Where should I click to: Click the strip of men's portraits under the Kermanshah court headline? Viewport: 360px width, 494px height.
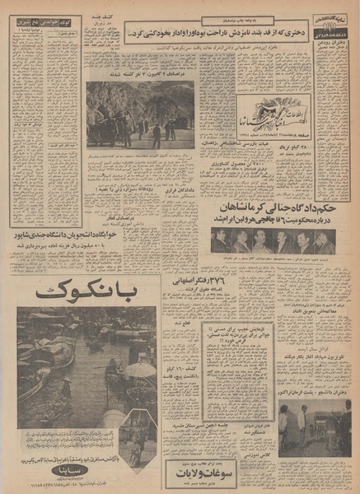pos(273,242)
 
